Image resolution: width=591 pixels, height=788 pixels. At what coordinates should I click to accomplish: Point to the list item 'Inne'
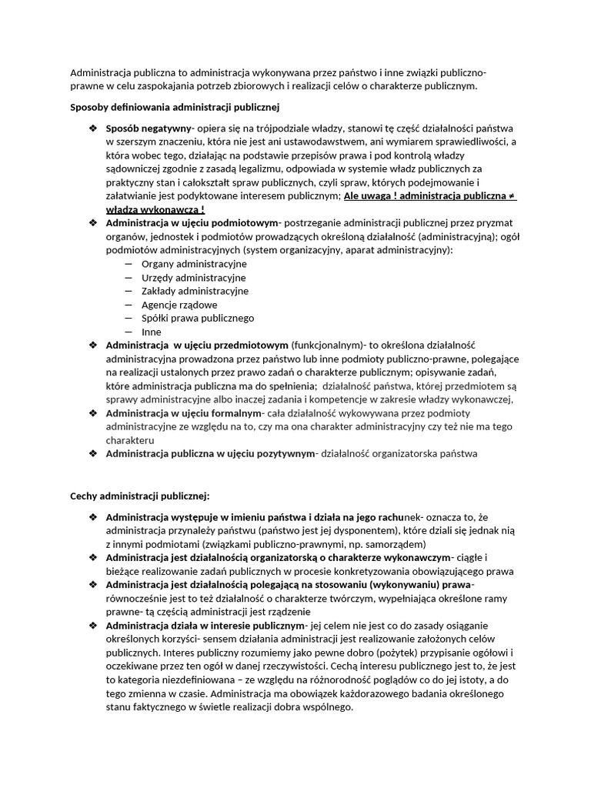coord(152,332)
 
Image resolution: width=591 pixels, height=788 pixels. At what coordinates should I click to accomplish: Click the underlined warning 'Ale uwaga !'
coord(371,196)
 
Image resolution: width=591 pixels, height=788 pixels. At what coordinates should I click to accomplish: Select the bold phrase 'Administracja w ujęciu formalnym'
coord(185,413)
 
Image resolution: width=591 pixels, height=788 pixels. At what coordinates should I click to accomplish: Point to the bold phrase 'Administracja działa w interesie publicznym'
coord(205,626)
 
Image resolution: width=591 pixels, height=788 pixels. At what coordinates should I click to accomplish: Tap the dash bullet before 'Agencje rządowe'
coord(128,305)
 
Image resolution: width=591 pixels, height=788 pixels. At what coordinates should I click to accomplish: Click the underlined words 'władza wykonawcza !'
coord(155,209)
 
